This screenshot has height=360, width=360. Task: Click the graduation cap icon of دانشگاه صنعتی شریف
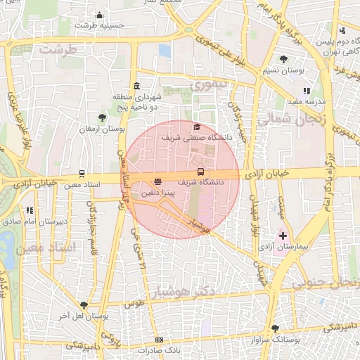coord(197,127)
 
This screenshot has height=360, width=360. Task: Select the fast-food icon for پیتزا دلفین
coord(157,181)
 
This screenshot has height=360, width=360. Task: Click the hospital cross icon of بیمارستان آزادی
coord(283,235)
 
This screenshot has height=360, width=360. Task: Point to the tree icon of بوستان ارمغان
coord(103,117)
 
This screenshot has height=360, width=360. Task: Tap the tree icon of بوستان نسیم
coord(283,60)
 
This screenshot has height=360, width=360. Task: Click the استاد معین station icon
coord(82,174)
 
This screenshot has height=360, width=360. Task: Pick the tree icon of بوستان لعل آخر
coord(84,305)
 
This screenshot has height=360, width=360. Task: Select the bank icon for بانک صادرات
coord(159,340)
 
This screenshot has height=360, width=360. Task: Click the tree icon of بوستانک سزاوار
coord(275,328)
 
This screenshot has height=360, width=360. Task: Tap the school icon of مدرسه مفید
coord(307,91)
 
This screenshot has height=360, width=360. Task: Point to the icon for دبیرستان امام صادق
coord(30,210)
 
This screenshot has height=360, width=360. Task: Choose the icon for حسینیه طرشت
coord(100,15)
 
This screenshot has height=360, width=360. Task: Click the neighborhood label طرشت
coord(57,50)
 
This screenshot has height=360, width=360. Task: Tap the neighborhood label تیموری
coord(210,85)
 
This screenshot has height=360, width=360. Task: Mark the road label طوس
coord(134,304)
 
